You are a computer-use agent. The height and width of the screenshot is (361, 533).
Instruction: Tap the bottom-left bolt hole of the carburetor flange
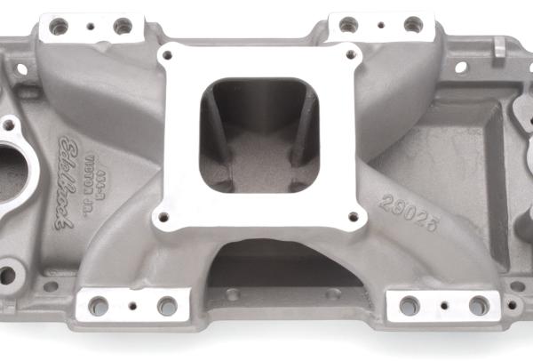tap(163, 215)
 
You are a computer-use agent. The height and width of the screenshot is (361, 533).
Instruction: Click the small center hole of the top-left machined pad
tap(90, 25)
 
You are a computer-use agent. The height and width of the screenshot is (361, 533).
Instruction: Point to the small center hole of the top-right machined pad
tap(381, 24)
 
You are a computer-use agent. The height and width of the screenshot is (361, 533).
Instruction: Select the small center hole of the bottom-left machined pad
tap(131, 306)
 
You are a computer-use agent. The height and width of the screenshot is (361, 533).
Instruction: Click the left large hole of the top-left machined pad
tap(60, 27)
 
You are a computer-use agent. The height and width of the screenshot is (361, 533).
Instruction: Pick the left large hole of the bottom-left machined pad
tap(97, 306)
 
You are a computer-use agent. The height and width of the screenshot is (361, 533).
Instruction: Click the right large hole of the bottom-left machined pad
tap(166, 306)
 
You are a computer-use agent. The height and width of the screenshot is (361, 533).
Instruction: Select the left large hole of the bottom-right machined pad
tap(409, 306)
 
